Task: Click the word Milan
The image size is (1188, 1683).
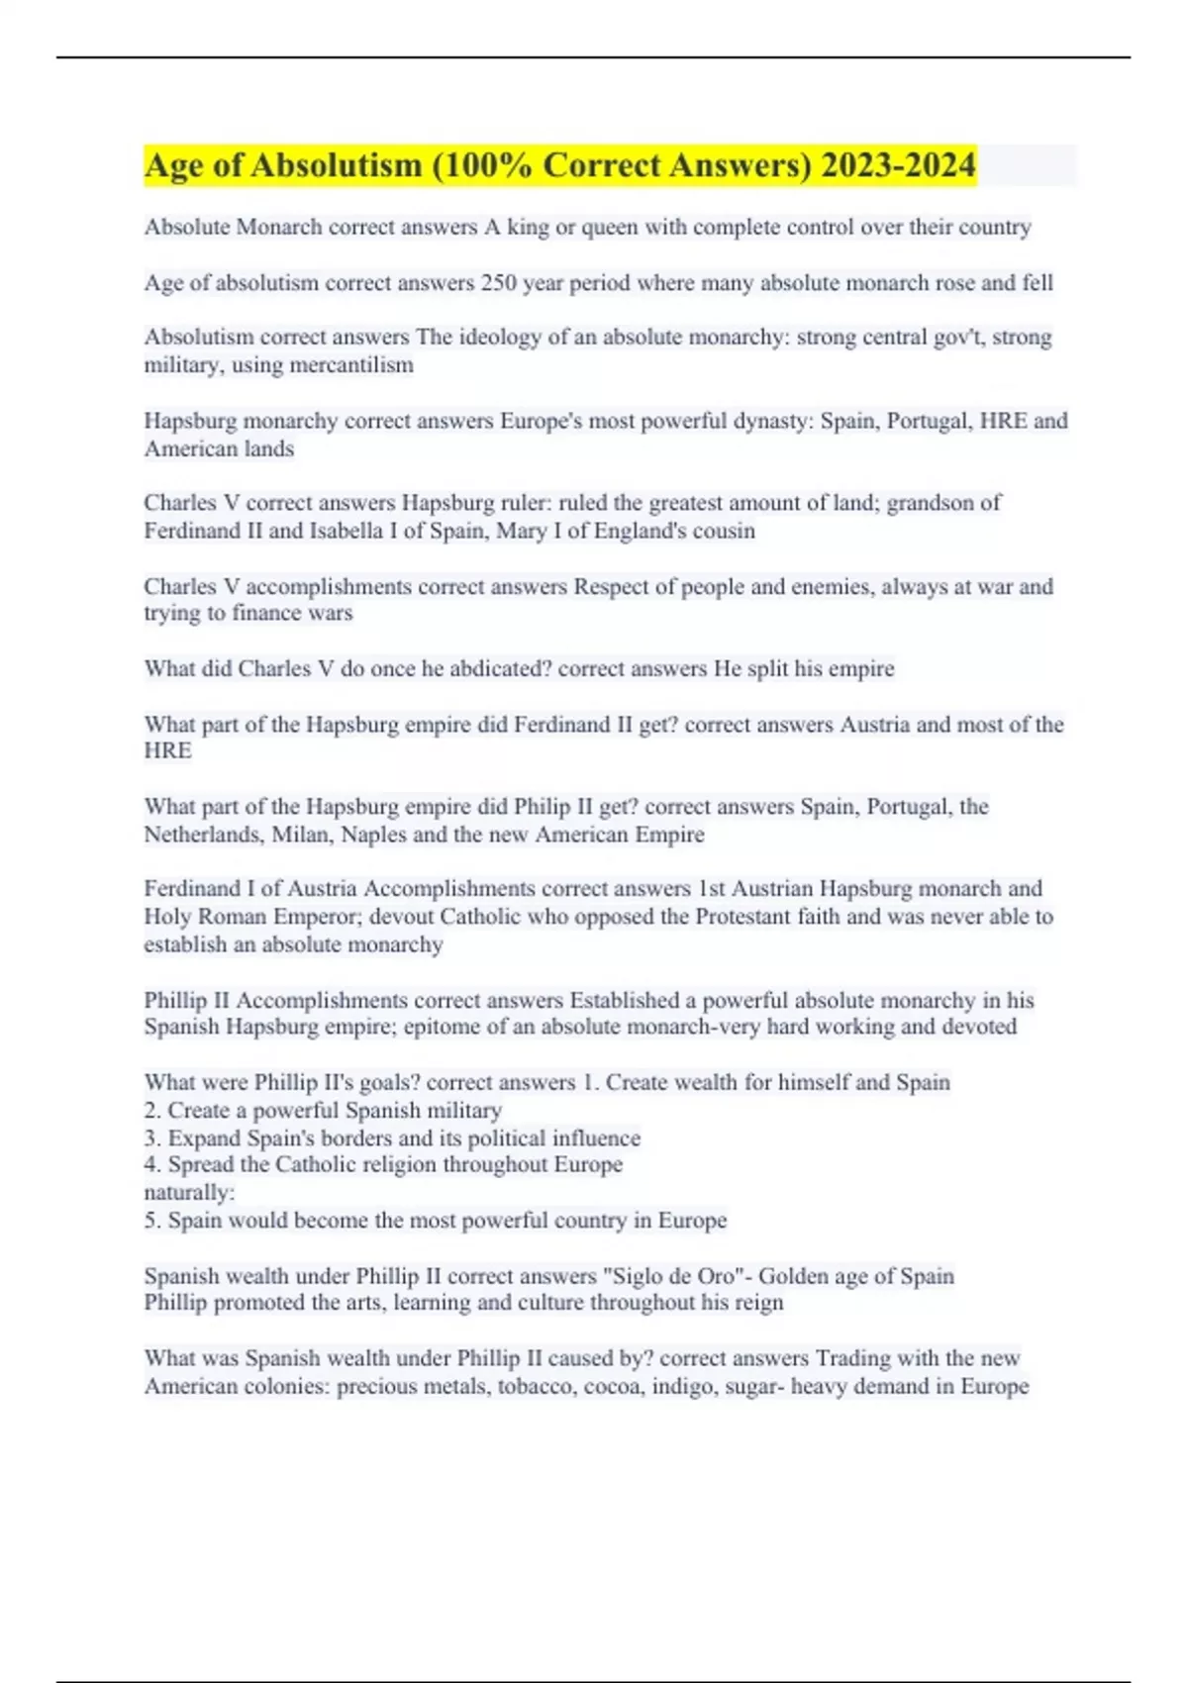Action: point(302,835)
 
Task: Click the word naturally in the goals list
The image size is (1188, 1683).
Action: point(188,1193)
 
